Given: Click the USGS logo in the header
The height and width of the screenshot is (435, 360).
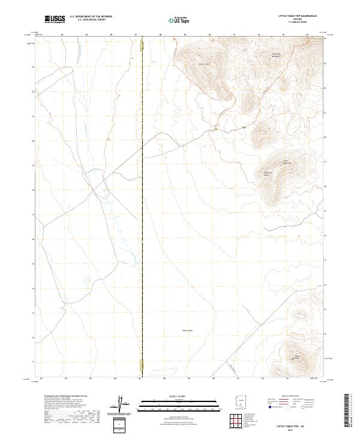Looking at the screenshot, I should point(55,19).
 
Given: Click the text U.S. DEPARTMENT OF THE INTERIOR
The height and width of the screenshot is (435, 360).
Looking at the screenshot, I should point(91,16).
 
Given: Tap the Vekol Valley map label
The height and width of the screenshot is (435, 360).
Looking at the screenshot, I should point(186,329).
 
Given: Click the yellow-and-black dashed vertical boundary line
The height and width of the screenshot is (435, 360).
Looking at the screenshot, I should point(142,204).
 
